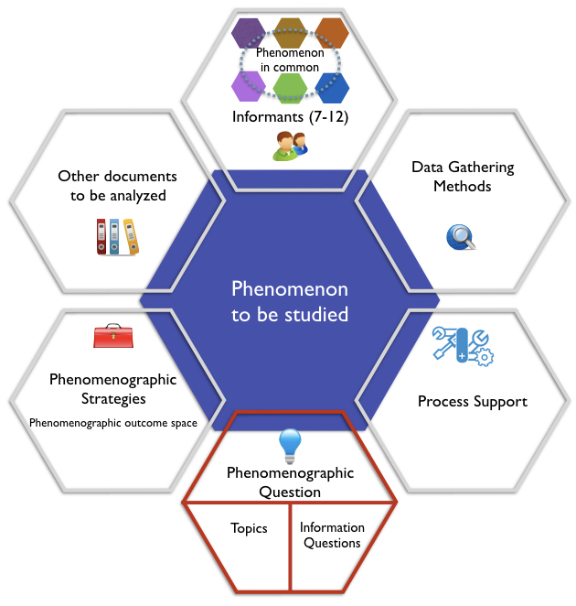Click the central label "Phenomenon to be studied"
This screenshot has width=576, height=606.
[x=289, y=302]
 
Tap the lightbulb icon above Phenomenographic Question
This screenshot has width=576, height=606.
[x=290, y=445]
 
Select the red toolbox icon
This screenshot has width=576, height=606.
[x=112, y=337]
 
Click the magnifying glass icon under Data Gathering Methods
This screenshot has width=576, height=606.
[x=461, y=237]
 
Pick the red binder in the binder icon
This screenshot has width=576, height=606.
[x=101, y=236]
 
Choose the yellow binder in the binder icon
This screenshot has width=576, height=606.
[x=131, y=236]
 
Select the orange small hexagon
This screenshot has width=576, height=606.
[x=331, y=35]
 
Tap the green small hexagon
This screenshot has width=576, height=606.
[x=290, y=88]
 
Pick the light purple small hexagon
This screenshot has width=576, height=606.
[x=248, y=87]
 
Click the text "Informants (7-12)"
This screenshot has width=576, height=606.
[x=289, y=117]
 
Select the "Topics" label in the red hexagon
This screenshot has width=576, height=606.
[x=249, y=528]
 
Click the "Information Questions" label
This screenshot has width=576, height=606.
[x=332, y=535]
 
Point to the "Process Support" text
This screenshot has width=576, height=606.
[x=472, y=401]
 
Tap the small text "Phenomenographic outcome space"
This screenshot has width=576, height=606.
[x=113, y=423]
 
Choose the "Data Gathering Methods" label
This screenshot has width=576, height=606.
[x=463, y=177]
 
